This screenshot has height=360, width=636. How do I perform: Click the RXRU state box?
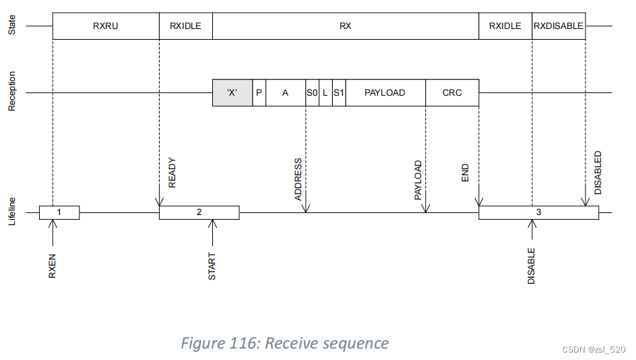[106, 26]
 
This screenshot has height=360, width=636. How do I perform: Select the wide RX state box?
[345, 26]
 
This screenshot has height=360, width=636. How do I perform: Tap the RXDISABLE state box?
[558, 26]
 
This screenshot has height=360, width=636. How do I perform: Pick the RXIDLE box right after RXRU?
[185, 26]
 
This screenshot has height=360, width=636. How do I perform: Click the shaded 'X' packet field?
[232, 93]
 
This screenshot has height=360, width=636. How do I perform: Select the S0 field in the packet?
[312, 93]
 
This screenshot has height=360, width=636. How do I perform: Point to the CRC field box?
[452, 93]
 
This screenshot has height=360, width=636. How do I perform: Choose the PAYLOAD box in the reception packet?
[385, 93]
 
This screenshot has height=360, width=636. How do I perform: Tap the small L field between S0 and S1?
[325, 93]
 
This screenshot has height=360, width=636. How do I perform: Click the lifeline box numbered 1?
[59, 212]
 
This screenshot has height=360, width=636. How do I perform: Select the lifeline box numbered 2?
[199, 212]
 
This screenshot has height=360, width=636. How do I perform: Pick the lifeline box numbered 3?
[538, 212]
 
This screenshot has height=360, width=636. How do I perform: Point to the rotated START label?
[212, 266]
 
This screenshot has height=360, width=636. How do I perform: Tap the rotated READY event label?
[172, 173]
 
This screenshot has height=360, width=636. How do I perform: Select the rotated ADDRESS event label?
[298, 180]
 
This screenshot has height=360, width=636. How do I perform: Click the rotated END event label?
[466, 173]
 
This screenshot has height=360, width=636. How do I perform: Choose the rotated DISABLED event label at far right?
[598, 173]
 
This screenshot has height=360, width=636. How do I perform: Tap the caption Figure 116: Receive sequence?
[284, 343]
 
